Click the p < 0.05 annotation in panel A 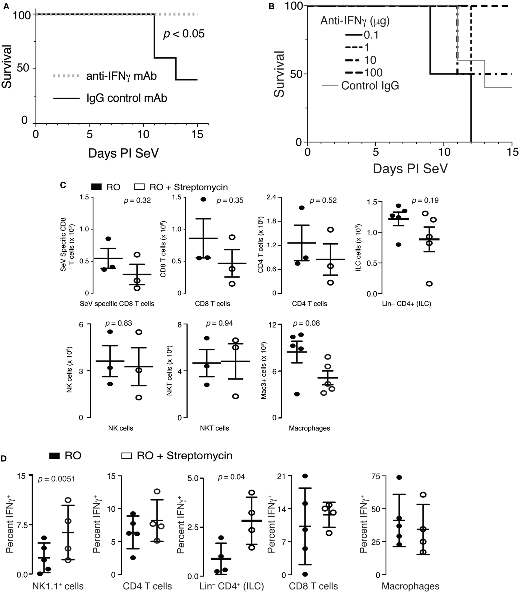pos(184,34)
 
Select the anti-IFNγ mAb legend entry pos(121,76)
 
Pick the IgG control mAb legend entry pos(126,98)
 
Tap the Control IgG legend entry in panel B pos(370,85)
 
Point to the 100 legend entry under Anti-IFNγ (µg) pos(373,73)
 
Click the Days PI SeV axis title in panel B pos(410,169)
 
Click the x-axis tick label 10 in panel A pos(143,135)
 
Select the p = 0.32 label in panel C pos(137,200)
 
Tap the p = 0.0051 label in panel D pos(56,479)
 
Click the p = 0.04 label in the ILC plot pos(231,477)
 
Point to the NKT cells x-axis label pos(215,428)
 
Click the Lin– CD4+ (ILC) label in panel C pos(406,304)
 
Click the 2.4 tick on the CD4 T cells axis pos(271,197)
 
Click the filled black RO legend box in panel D pos(54,456)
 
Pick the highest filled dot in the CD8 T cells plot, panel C pos(203,199)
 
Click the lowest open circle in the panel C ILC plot pos(429,284)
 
